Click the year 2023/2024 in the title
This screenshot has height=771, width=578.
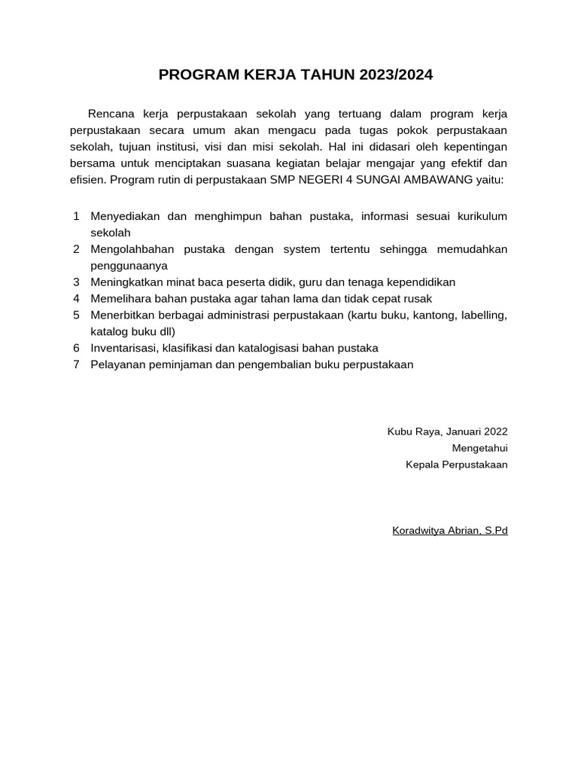(396, 75)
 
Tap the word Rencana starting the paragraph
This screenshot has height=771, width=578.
(111, 114)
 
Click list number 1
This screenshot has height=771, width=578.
(76, 216)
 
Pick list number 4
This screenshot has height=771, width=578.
(76, 298)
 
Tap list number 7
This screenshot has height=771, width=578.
(76, 364)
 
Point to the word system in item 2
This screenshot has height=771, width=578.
(302, 249)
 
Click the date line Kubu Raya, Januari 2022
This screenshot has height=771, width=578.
(447, 431)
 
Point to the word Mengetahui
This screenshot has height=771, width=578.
(479, 448)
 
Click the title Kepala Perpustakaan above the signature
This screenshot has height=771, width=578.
(456, 465)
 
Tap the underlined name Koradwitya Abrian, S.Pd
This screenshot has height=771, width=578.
(449, 531)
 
